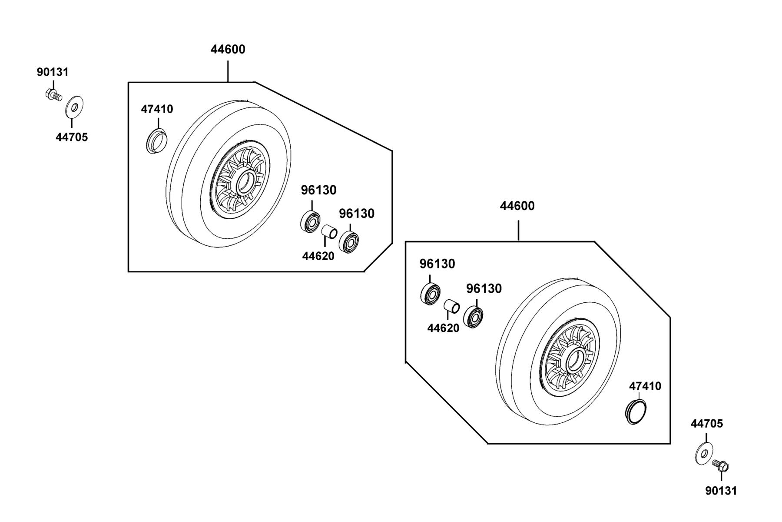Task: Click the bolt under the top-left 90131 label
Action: tap(53, 94)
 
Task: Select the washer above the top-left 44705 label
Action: tap(74, 107)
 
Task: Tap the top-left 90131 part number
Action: tap(53, 72)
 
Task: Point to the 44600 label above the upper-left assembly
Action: tap(228, 50)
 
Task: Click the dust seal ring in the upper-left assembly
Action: tap(156, 141)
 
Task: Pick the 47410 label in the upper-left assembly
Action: tap(157, 109)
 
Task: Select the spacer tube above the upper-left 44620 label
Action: tap(329, 232)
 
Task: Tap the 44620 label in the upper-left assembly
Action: tap(318, 256)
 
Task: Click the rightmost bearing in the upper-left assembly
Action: tap(348, 242)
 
